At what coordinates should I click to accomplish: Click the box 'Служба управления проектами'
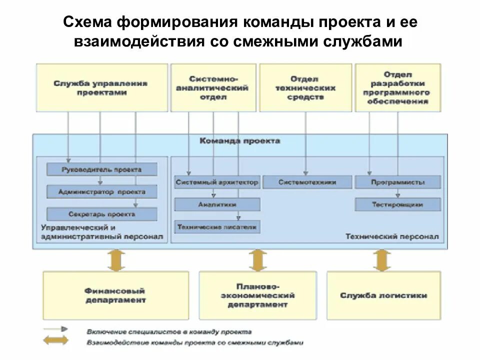[100, 87]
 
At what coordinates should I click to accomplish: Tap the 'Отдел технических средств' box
[304, 87]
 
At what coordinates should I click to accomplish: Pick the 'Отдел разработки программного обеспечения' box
[397, 87]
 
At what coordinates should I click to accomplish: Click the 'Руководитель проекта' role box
[101, 169]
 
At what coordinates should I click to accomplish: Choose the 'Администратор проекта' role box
[101, 191]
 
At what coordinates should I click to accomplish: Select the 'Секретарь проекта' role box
[101, 214]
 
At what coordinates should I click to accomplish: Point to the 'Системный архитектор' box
[217, 182]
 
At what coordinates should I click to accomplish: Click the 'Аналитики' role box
[217, 204]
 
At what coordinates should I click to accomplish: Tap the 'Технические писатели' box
[217, 227]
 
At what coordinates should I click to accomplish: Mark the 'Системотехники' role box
[307, 182]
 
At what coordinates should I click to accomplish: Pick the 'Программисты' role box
[398, 182]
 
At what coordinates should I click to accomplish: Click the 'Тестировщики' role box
[398, 204]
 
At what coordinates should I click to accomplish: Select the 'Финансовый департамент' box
[115, 295]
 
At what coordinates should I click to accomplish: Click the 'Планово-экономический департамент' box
[257, 295]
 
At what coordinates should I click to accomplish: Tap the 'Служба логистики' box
[383, 295]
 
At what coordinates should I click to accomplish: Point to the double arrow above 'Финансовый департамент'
[116, 260]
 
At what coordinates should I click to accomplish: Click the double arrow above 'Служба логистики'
[382, 260]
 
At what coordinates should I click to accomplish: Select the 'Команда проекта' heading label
[240, 141]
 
